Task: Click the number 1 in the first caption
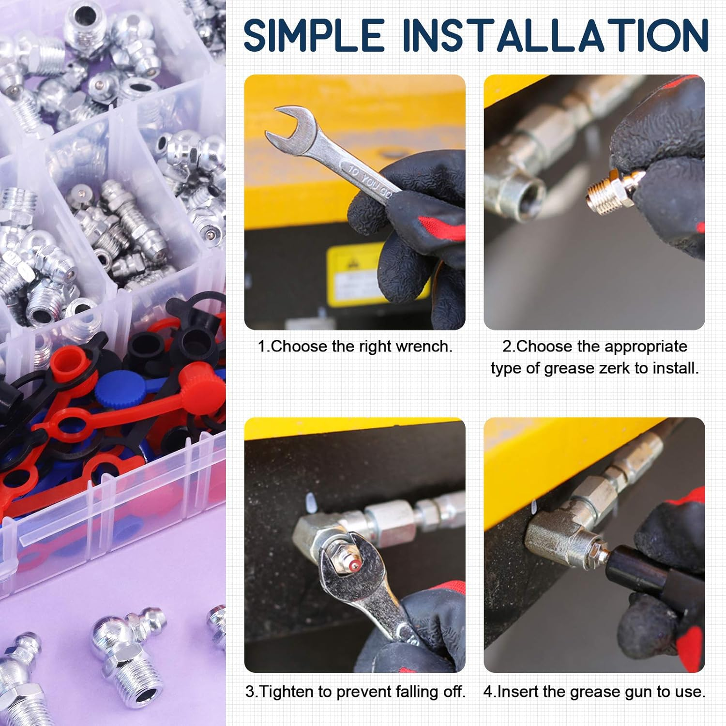[x=261, y=347]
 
